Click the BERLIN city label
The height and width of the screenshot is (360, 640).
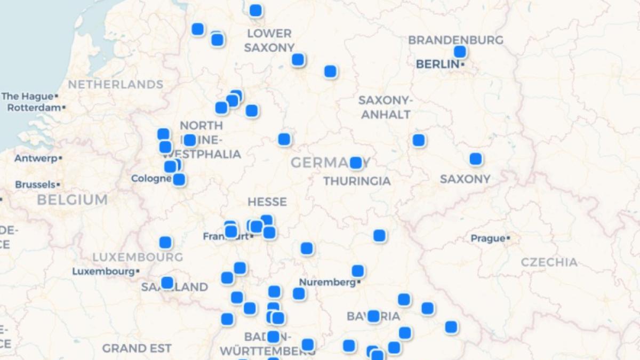coord(437,64)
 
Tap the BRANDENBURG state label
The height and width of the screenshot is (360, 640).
coord(455,40)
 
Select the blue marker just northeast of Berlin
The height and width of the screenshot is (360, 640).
coord(460,52)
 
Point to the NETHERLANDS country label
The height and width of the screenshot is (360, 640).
coord(115,84)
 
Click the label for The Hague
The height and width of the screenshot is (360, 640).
coord(27,97)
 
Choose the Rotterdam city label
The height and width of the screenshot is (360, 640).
coord(34,108)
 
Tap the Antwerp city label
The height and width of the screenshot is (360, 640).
coord(35,158)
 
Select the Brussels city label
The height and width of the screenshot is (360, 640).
coord(35,185)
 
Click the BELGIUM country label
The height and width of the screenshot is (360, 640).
coord(72,200)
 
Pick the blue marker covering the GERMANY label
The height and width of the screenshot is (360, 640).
coord(356,163)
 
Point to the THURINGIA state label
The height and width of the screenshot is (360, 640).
coord(357,181)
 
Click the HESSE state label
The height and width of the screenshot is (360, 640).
coord(267,202)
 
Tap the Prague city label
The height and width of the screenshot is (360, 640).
coord(487,238)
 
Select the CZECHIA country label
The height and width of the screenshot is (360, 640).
coord(549,262)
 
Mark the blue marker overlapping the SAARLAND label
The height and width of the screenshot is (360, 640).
coord(167,283)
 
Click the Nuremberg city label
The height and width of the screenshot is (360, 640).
coord(327,282)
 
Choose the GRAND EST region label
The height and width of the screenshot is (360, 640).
coord(137,349)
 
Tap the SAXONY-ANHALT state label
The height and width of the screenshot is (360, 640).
coord(385,107)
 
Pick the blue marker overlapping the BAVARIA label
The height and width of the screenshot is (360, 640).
coord(373,316)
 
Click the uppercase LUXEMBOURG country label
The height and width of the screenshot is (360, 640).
coord(138,257)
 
